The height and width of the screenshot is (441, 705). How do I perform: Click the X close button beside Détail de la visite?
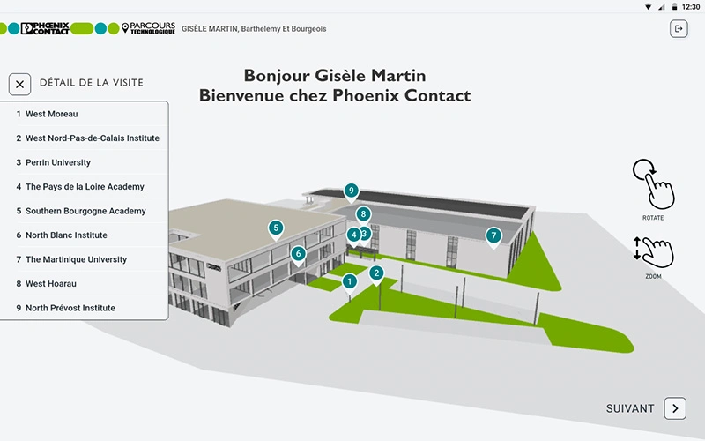tap(19, 84)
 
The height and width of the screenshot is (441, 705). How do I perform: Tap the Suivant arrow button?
tap(675, 408)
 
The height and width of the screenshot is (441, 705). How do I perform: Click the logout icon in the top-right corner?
tap(679, 29)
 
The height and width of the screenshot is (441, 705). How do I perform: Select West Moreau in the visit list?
tap(51, 114)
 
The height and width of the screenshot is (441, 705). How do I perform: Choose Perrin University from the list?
tap(58, 162)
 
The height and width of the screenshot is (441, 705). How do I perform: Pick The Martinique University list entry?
tap(76, 259)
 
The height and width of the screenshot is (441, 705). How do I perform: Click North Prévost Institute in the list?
tap(70, 308)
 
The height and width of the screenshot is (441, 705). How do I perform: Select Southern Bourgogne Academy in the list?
tap(85, 211)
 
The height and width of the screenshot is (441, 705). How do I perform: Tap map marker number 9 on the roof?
tap(351, 191)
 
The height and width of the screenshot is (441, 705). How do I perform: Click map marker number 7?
tap(493, 236)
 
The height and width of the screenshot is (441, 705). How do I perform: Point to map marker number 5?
tap(276, 228)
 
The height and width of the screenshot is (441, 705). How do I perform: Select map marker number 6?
tap(298, 255)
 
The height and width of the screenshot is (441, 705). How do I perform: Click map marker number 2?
tap(376, 274)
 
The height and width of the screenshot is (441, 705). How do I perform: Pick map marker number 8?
tap(363, 215)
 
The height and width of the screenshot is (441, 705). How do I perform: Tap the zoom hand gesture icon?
tap(654, 252)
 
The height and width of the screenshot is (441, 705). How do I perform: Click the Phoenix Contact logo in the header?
tap(45, 28)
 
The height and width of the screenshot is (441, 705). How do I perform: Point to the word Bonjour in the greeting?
tap(277, 76)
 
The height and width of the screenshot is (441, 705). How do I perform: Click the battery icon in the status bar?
tap(674, 7)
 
